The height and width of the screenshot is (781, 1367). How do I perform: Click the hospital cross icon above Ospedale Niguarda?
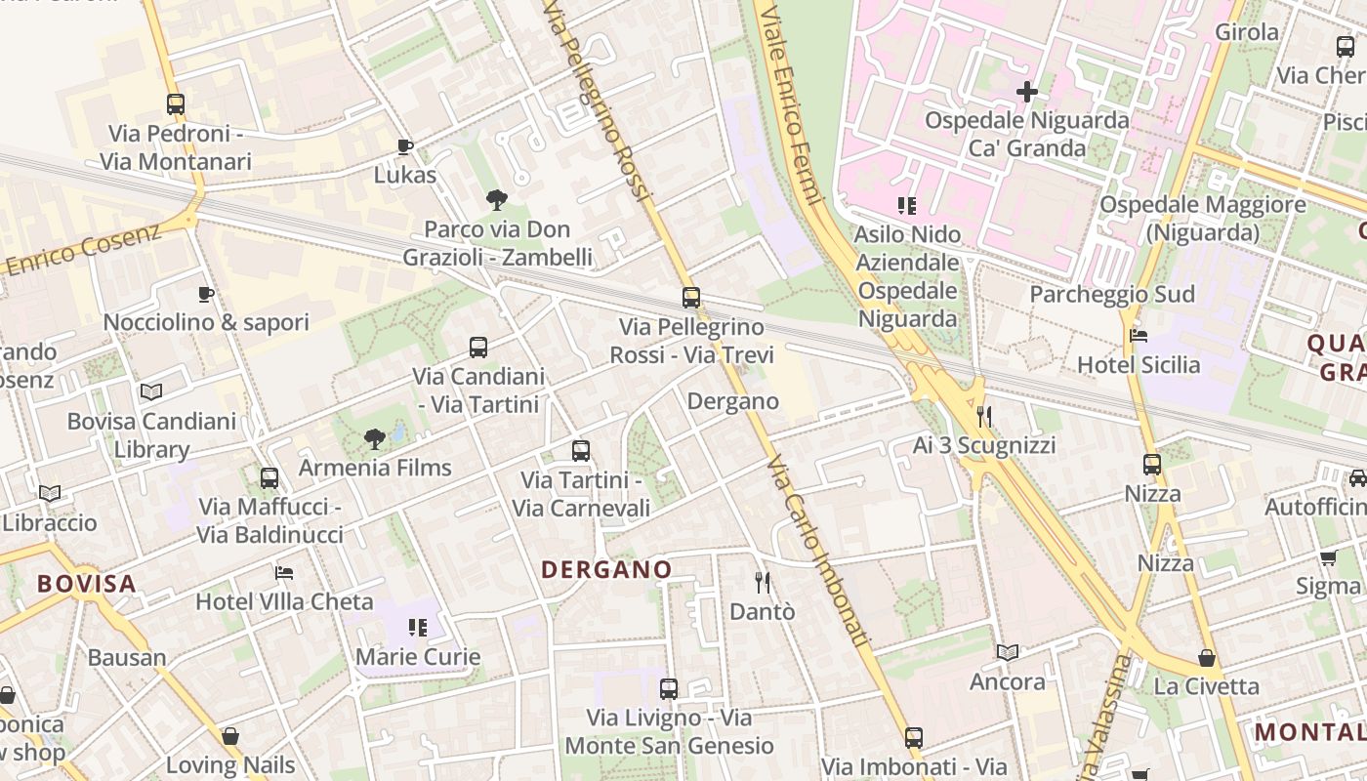pyautogui.click(x=1026, y=93)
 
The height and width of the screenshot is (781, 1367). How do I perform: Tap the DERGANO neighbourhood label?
pyautogui.click(x=606, y=569)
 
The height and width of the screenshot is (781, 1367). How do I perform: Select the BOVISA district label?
pyautogui.click(x=86, y=584)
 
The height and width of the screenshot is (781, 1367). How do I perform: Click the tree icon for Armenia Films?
pyautogui.click(x=374, y=439)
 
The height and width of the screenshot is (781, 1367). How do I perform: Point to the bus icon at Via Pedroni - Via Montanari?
pyautogui.click(x=176, y=104)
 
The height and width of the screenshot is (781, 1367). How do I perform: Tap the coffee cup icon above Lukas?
pyautogui.click(x=405, y=147)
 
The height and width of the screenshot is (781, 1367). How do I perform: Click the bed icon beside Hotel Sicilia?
pyautogui.click(x=1139, y=336)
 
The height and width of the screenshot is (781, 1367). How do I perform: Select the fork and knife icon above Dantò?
pyautogui.click(x=763, y=583)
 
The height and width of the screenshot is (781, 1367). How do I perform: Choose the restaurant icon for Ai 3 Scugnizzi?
pyautogui.click(x=984, y=417)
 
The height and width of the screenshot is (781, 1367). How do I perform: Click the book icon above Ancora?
pyautogui.click(x=1008, y=652)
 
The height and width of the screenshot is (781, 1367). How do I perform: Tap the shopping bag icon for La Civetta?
pyautogui.click(x=1207, y=658)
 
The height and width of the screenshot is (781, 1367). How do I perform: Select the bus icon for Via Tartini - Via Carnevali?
pyautogui.click(x=581, y=451)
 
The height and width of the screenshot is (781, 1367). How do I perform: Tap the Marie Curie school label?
pyautogui.click(x=418, y=656)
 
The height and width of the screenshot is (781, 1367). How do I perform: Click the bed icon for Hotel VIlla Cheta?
pyautogui.click(x=284, y=572)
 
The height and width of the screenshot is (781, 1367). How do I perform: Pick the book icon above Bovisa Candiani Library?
pyautogui.click(x=151, y=392)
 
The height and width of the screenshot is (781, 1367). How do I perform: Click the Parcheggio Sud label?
pyautogui.click(x=1112, y=294)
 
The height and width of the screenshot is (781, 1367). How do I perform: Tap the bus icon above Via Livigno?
pyautogui.click(x=669, y=689)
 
